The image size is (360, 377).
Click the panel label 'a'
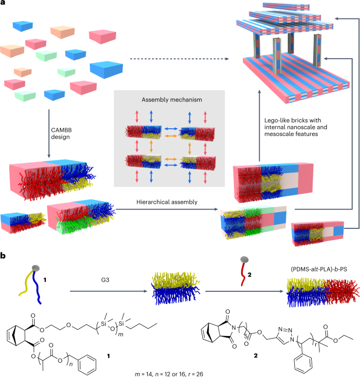(x=4, y=4)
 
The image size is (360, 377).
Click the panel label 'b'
(x=4, y=255)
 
